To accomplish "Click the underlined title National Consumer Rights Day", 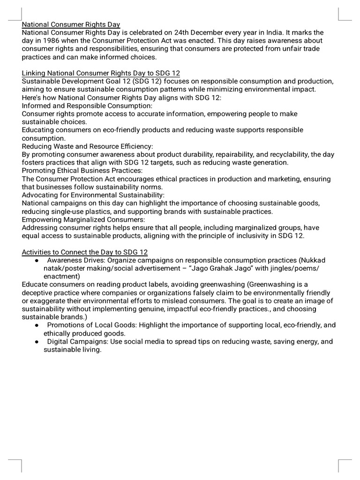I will [71, 24].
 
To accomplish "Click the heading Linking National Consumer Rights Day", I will [101, 73].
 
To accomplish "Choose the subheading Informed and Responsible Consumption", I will [87, 105].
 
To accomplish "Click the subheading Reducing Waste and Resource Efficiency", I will [88, 146].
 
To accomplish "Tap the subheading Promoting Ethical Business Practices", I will [82, 171].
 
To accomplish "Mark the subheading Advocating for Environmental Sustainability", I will [93, 195].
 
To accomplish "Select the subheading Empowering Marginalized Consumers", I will [83, 219].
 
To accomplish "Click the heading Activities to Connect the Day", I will [85, 252].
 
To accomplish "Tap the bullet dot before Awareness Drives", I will [37, 260].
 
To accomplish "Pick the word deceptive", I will [41, 292].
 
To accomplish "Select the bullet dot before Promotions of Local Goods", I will [37, 325].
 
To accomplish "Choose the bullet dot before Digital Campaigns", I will [37, 342].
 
